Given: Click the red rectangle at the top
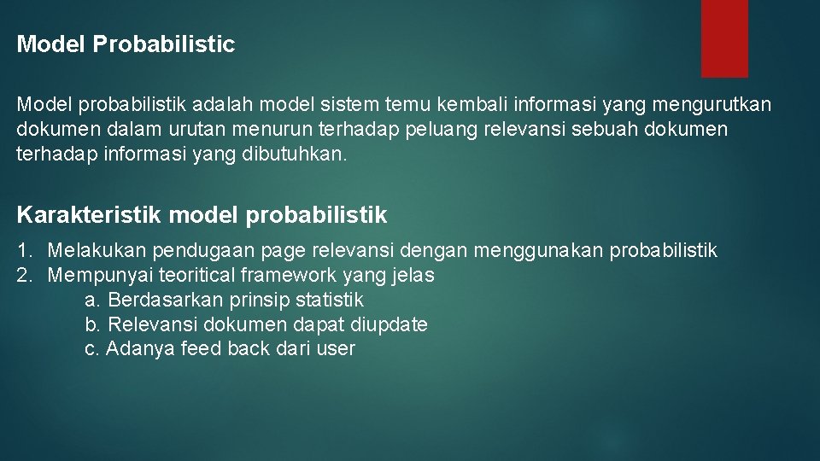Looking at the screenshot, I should [x=724, y=38].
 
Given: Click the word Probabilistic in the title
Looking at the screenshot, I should [x=164, y=44].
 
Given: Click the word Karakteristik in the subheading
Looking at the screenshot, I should [x=89, y=215].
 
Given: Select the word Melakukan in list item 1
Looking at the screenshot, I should [x=97, y=251].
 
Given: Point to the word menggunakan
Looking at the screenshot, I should [x=524, y=251].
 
